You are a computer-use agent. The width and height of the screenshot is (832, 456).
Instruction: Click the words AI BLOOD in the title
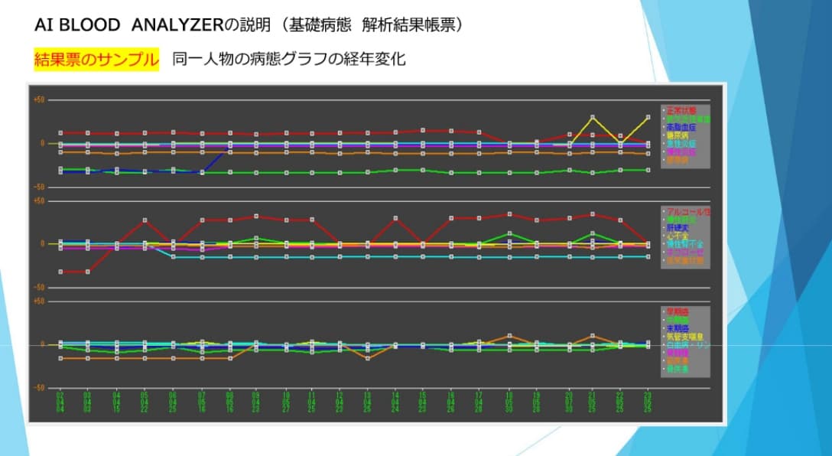(77, 25)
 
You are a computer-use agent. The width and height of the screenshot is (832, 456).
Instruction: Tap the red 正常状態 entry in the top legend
(681, 110)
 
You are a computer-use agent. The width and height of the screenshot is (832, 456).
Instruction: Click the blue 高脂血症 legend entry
(681, 127)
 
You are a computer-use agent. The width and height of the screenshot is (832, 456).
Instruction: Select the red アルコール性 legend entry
(688, 210)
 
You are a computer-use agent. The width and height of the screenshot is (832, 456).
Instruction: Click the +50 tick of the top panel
(39, 100)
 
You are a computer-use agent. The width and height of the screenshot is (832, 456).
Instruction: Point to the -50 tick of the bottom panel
(39, 388)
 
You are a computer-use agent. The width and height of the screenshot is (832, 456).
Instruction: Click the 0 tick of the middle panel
(44, 243)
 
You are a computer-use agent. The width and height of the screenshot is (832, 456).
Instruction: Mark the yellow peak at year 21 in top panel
(592, 117)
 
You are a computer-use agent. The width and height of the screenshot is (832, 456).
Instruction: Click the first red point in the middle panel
(60, 272)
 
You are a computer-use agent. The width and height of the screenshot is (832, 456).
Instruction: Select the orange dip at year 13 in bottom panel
(368, 358)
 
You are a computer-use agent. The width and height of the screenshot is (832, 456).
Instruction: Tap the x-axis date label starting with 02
(60, 402)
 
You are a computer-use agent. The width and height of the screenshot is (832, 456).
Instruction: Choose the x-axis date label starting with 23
(648, 402)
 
